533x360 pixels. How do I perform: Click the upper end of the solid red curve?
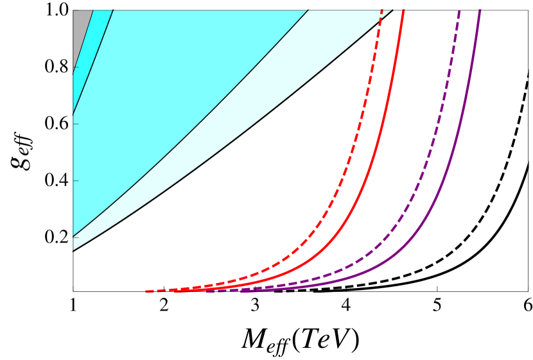point(403,11)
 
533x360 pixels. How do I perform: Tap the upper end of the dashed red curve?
point(383,11)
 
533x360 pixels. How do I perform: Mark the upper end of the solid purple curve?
point(480,10)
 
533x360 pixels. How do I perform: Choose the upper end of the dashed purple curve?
point(459,11)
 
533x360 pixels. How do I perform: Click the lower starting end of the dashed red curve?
point(147,291)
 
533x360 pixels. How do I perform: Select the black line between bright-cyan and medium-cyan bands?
point(93,62)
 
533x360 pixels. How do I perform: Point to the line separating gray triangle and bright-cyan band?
point(83,39)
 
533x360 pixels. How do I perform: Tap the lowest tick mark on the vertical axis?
point(76,237)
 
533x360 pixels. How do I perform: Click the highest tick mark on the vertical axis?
point(76,67)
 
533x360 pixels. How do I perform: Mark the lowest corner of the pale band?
point(73,250)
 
